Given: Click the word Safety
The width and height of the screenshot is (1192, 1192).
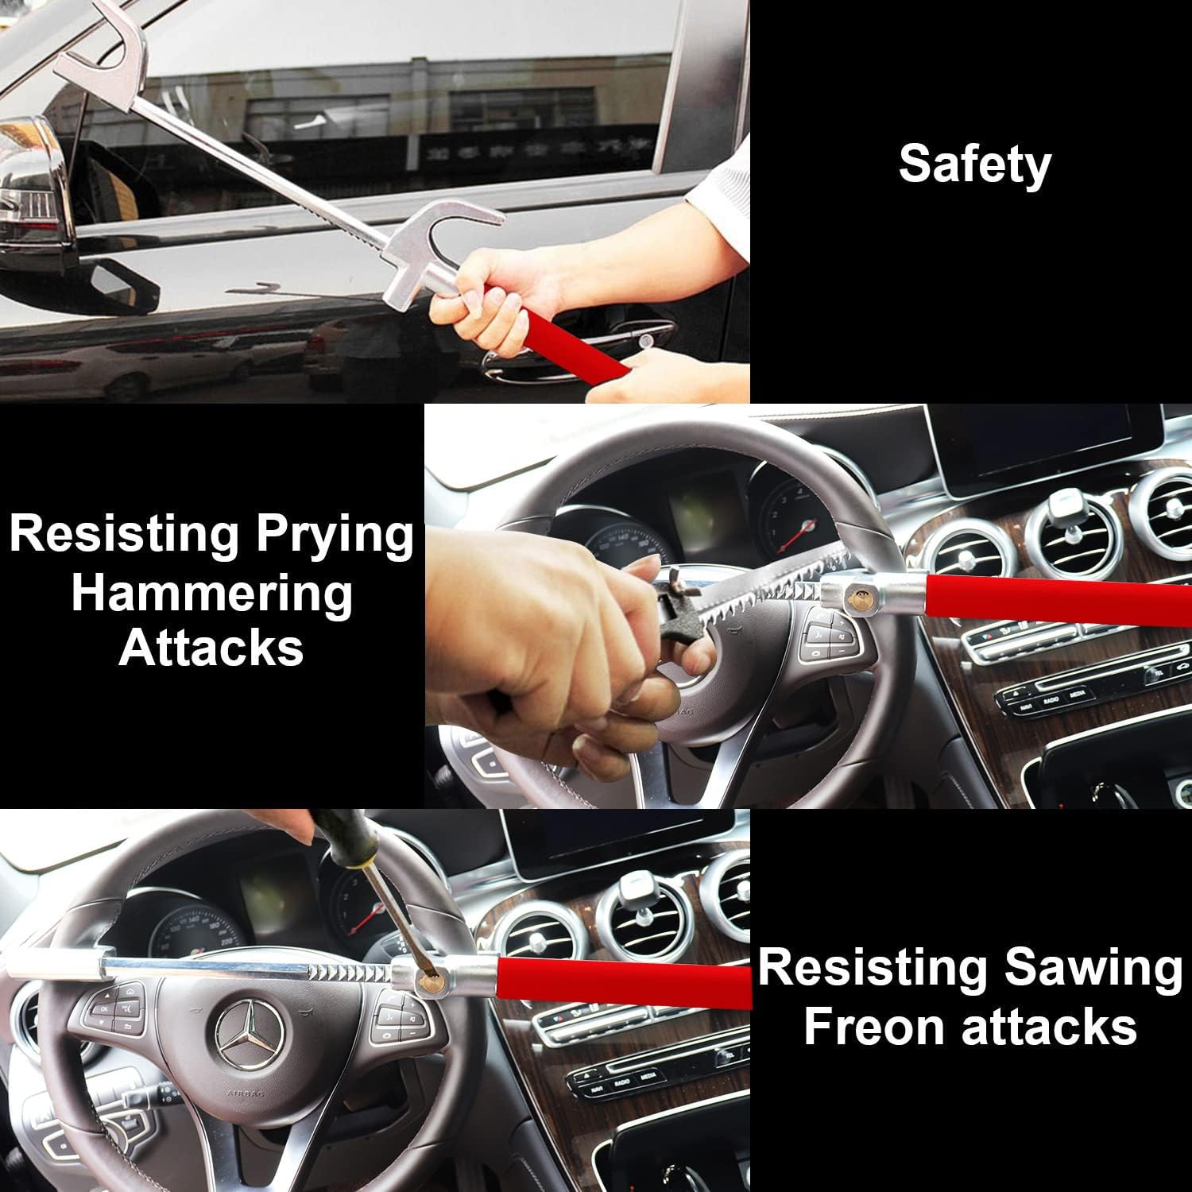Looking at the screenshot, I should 974,164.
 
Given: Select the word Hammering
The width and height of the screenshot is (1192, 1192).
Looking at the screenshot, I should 211,594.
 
